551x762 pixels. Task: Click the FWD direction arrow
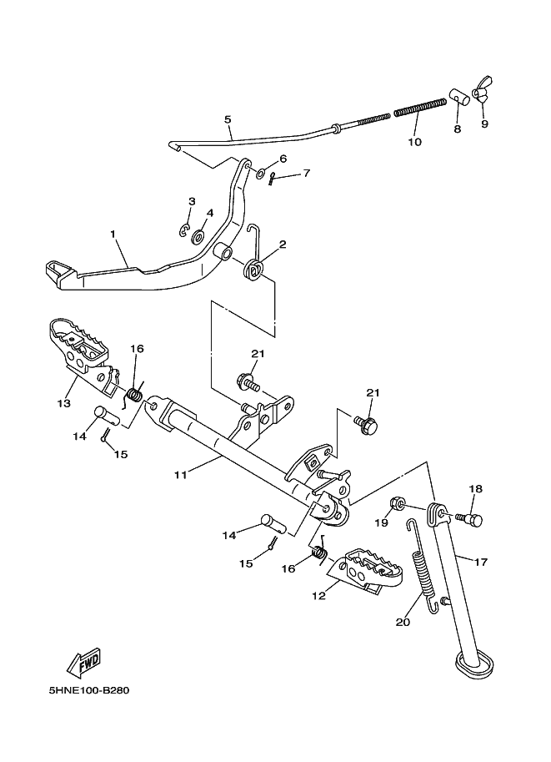click(x=83, y=664)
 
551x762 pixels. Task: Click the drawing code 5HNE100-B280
click(x=89, y=690)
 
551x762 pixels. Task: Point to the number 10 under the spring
click(x=414, y=142)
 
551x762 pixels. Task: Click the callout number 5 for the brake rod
click(x=228, y=119)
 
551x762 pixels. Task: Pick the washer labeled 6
click(x=261, y=173)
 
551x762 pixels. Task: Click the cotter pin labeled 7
click(x=273, y=179)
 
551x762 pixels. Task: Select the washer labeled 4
click(x=198, y=237)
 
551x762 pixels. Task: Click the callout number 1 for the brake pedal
click(x=113, y=235)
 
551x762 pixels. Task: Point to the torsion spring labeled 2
click(x=254, y=262)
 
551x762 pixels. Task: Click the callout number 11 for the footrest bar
click(x=181, y=475)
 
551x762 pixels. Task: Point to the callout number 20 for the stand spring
click(x=403, y=622)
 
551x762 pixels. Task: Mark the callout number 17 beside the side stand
click(x=480, y=562)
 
